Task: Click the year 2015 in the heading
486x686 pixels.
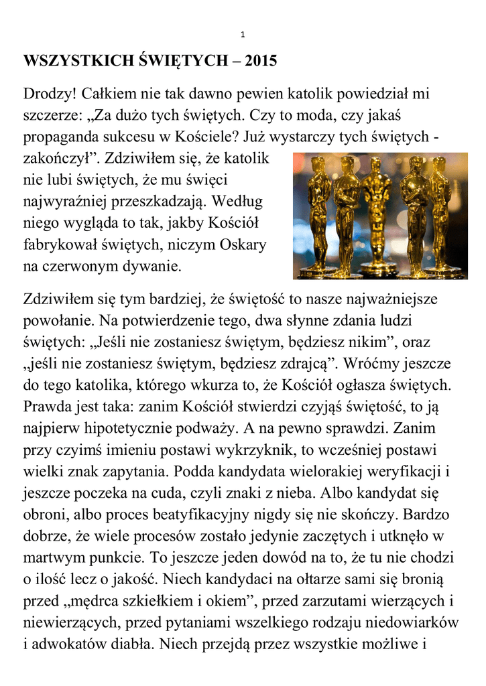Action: [x=261, y=62]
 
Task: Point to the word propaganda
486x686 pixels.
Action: [x=63, y=137]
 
